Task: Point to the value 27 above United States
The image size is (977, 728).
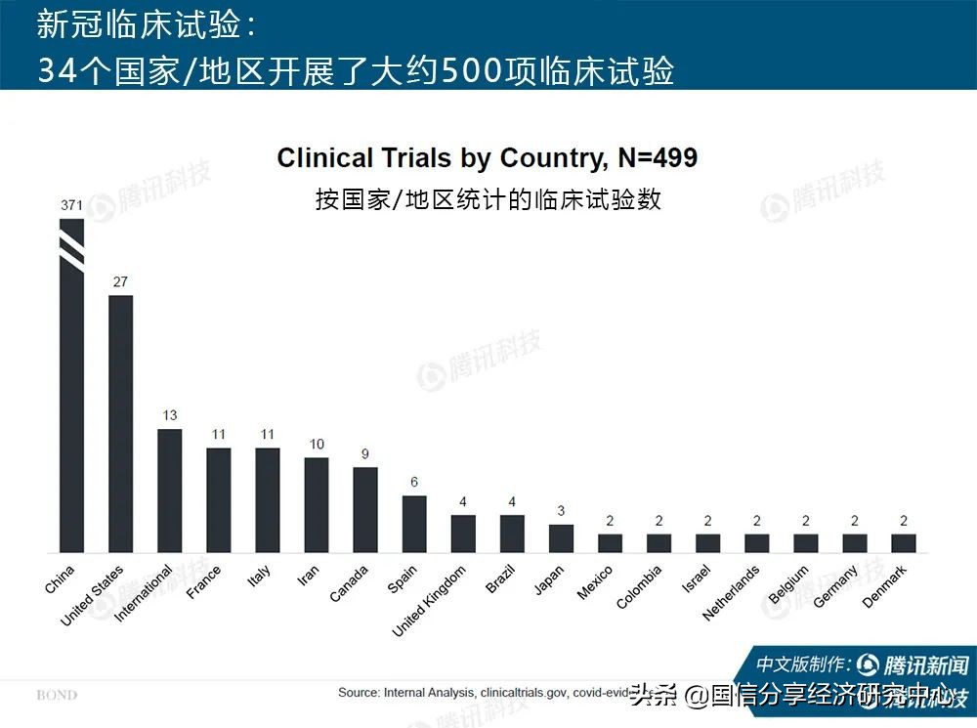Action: click(120, 282)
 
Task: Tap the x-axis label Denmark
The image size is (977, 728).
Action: click(885, 586)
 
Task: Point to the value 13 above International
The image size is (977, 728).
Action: click(169, 415)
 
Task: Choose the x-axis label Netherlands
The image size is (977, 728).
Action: click(732, 593)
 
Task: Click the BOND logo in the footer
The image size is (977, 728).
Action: click(56, 695)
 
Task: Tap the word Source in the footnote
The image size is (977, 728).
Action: click(359, 693)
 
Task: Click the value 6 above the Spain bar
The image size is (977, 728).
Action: click(414, 483)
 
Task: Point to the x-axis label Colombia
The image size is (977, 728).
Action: click(639, 586)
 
